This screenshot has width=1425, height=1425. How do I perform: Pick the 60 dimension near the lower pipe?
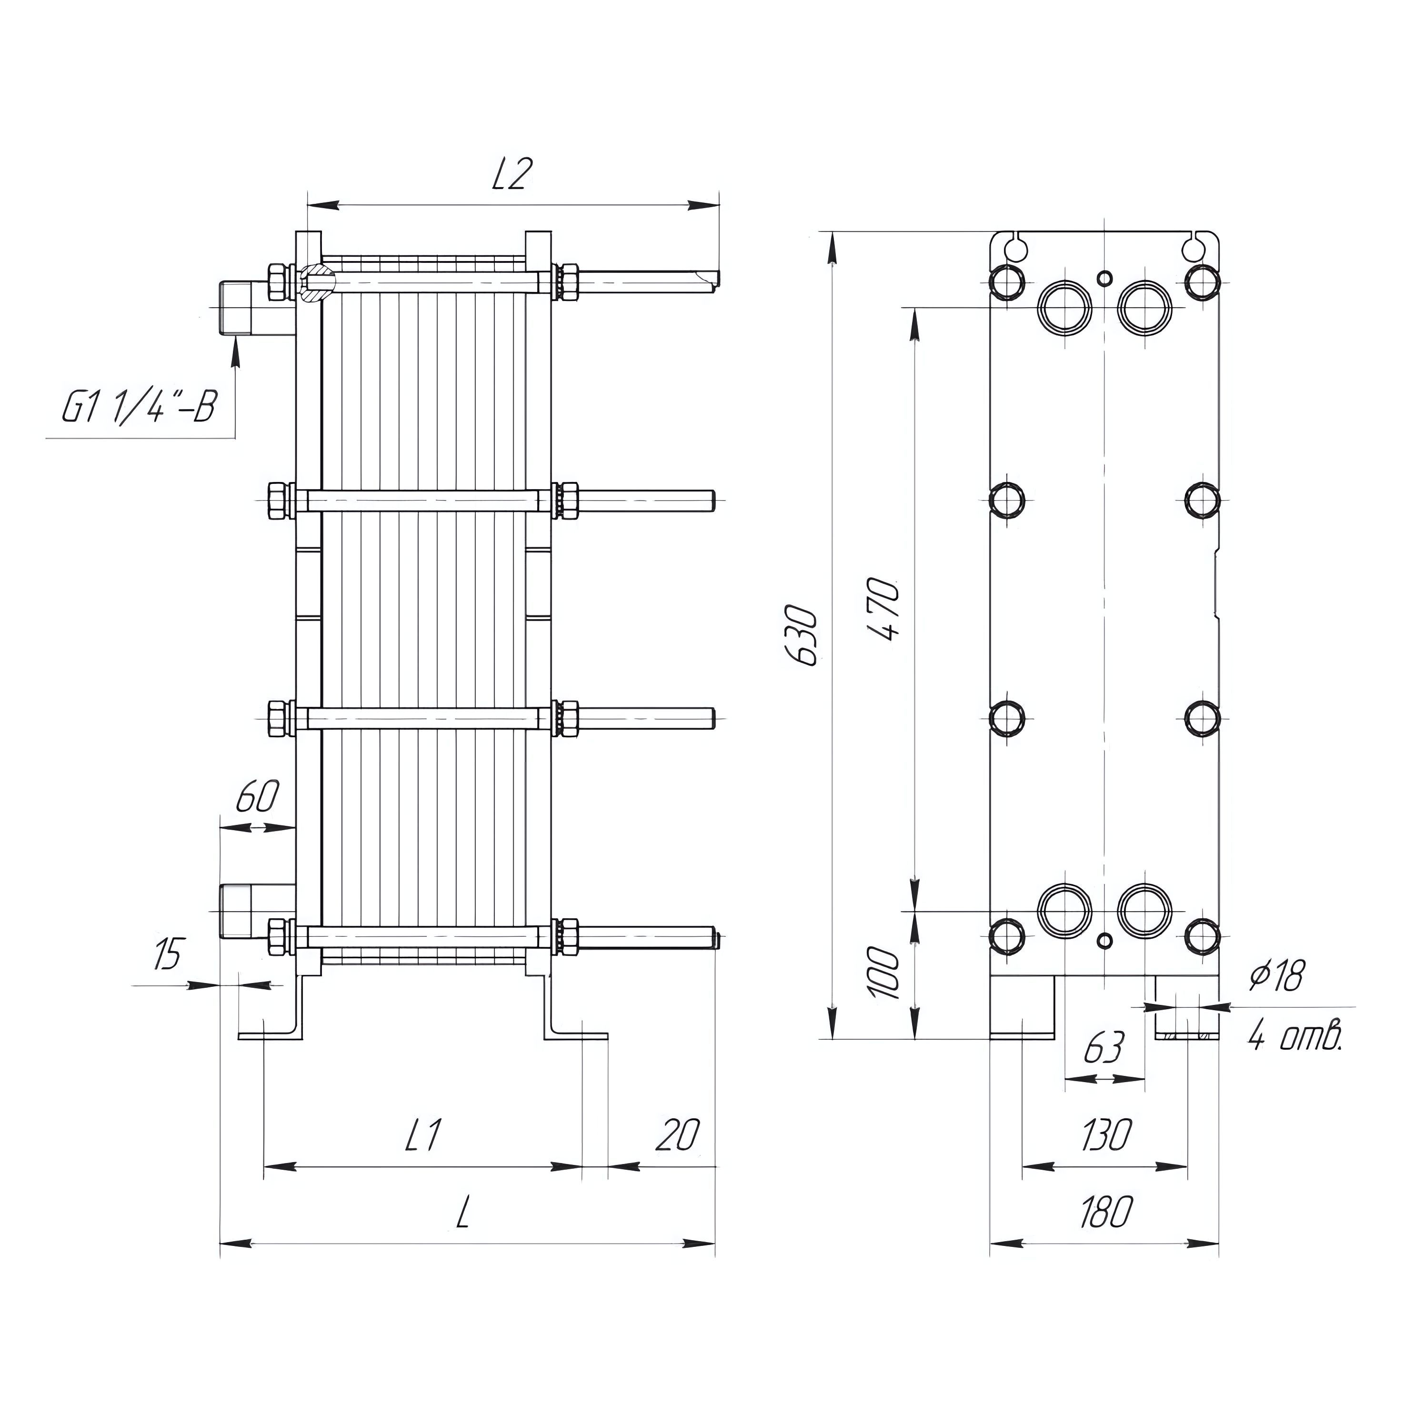coord(257,797)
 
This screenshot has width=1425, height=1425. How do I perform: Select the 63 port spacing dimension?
coord(1104,1047)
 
